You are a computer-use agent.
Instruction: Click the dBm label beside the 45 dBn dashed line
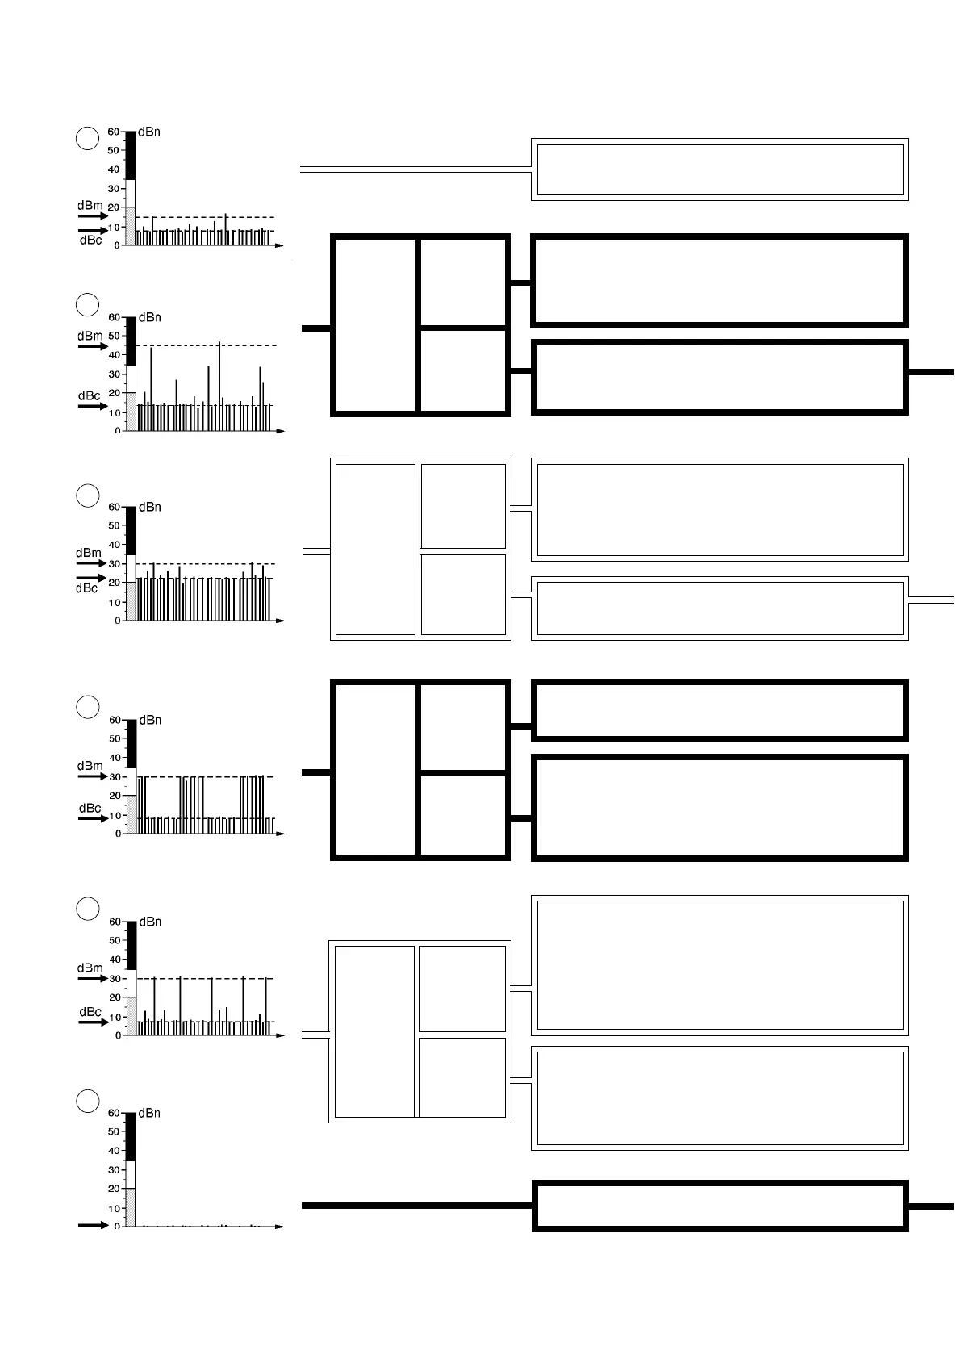90,336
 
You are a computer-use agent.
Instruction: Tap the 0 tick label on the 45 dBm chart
118,432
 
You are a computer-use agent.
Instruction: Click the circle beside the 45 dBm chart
87,305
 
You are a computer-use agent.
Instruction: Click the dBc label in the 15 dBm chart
90,240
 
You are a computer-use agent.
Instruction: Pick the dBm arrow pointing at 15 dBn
93,217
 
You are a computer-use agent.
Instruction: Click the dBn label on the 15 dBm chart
149,132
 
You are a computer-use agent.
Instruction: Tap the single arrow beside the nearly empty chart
93,1225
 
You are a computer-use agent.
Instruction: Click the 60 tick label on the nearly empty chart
115,1114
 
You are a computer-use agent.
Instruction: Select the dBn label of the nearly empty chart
149,1113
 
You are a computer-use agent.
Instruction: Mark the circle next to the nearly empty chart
87,1101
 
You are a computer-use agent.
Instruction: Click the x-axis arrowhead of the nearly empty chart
279,1227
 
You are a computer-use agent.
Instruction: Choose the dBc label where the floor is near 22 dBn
87,589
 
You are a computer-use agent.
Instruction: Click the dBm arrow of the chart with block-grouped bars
93,776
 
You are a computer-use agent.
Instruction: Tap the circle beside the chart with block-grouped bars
87,707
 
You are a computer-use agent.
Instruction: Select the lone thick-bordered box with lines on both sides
719,1206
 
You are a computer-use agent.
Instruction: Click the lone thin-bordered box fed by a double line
719,169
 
